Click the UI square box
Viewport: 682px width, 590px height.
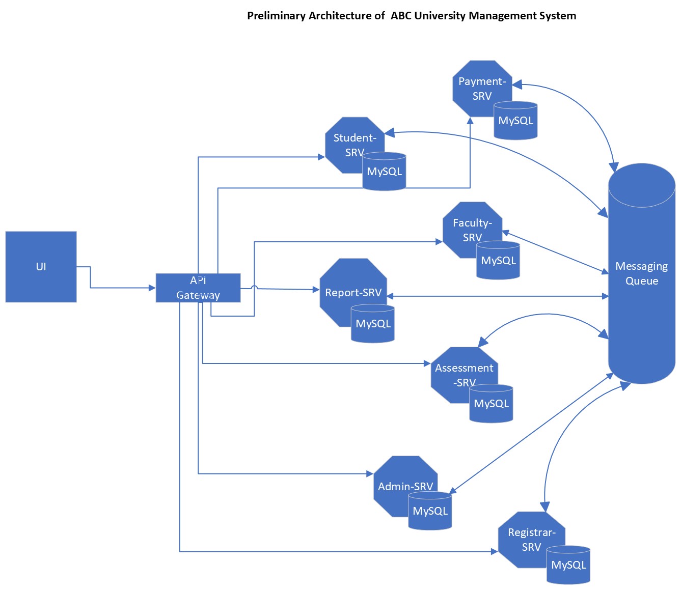point(41,267)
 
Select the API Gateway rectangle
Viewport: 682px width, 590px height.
point(198,288)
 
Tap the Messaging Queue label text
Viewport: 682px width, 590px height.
point(641,273)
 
